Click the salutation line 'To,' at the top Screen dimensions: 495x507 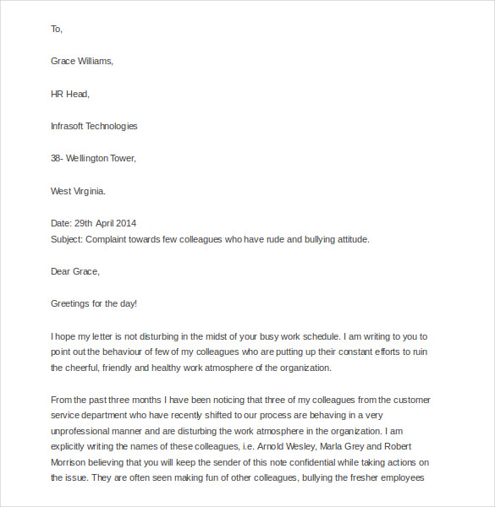tap(57, 29)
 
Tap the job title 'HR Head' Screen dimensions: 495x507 tap(69, 94)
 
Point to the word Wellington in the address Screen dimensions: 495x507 tap(91, 158)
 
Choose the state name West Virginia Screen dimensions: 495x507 tap(78, 191)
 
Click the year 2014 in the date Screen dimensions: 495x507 tap(125, 223)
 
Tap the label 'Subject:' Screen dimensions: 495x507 tap(68, 239)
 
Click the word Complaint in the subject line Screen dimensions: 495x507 tap(109, 239)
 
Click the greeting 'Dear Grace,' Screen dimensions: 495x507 tap(75, 271)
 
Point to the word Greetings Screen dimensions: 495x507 tap(72, 303)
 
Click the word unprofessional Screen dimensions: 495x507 tap(83, 432)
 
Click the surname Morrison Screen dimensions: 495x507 tap(71, 463)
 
